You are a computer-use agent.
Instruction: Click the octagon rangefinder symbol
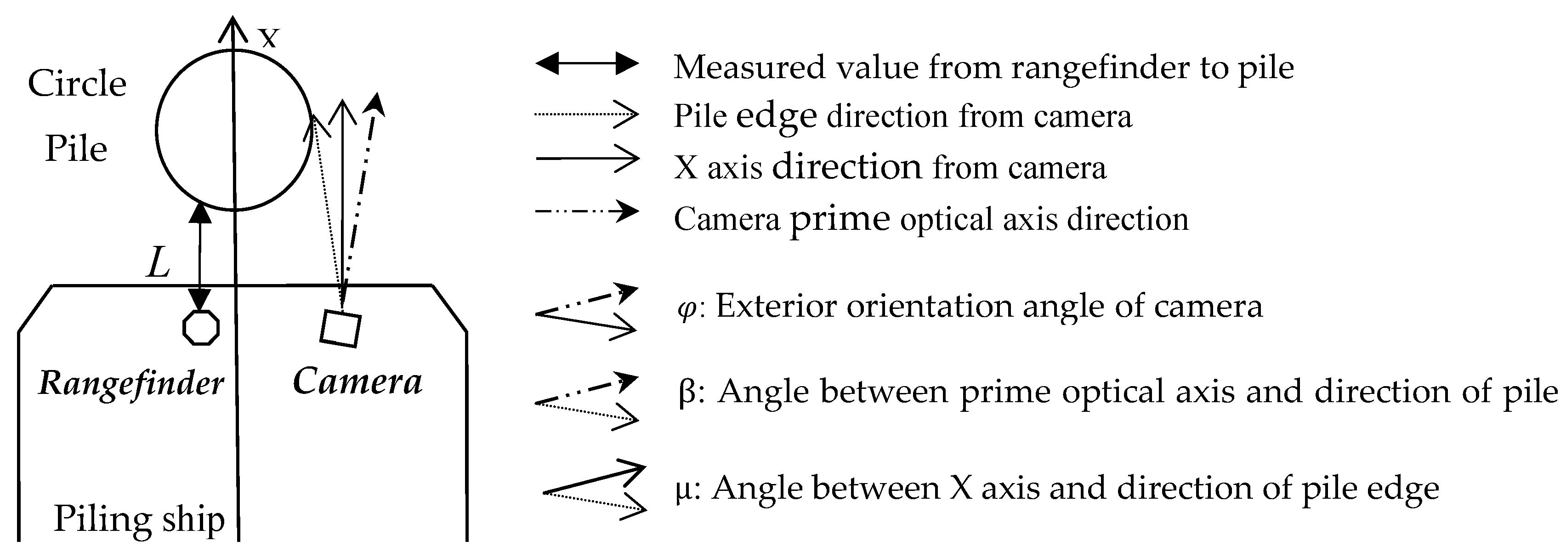click(201, 328)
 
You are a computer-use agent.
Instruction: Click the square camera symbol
click(340, 329)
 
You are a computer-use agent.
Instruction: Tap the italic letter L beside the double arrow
click(159, 264)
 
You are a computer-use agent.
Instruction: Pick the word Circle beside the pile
click(77, 83)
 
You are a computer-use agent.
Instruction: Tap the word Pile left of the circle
click(76, 149)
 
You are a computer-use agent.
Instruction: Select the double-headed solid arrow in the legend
click(587, 63)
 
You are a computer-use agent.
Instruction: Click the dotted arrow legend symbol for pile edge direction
click(587, 114)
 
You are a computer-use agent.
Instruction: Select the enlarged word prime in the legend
click(840, 218)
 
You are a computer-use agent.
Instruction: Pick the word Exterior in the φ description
click(776, 306)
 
